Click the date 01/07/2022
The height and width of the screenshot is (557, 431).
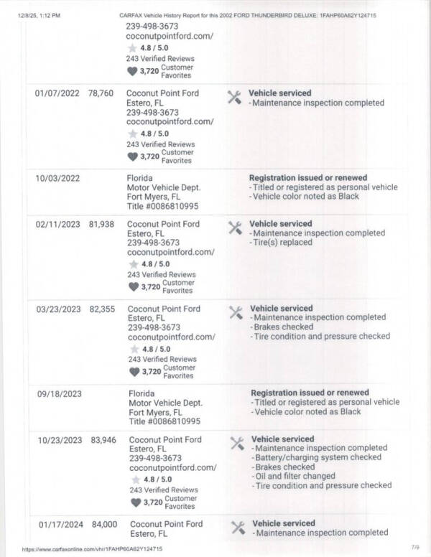pyautogui.click(x=57, y=93)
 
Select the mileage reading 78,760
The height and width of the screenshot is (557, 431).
pyautogui.click(x=101, y=93)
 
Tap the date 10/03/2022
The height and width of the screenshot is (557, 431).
pyautogui.click(x=57, y=178)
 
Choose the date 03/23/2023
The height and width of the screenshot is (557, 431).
pyautogui.click(x=58, y=309)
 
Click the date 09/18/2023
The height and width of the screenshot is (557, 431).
pyautogui.click(x=59, y=394)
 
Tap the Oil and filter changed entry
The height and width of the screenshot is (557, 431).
pyautogui.click(x=295, y=476)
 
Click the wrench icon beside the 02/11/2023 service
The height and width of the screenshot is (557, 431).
pyautogui.click(x=234, y=228)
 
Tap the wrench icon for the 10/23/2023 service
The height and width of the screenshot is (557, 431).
pyautogui.click(x=236, y=443)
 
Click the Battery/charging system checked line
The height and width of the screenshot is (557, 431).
pyautogui.click(x=318, y=457)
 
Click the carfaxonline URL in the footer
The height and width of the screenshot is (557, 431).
pyautogui.click(x=92, y=549)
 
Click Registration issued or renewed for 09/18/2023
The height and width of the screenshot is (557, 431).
pyautogui.click(x=310, y=393)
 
